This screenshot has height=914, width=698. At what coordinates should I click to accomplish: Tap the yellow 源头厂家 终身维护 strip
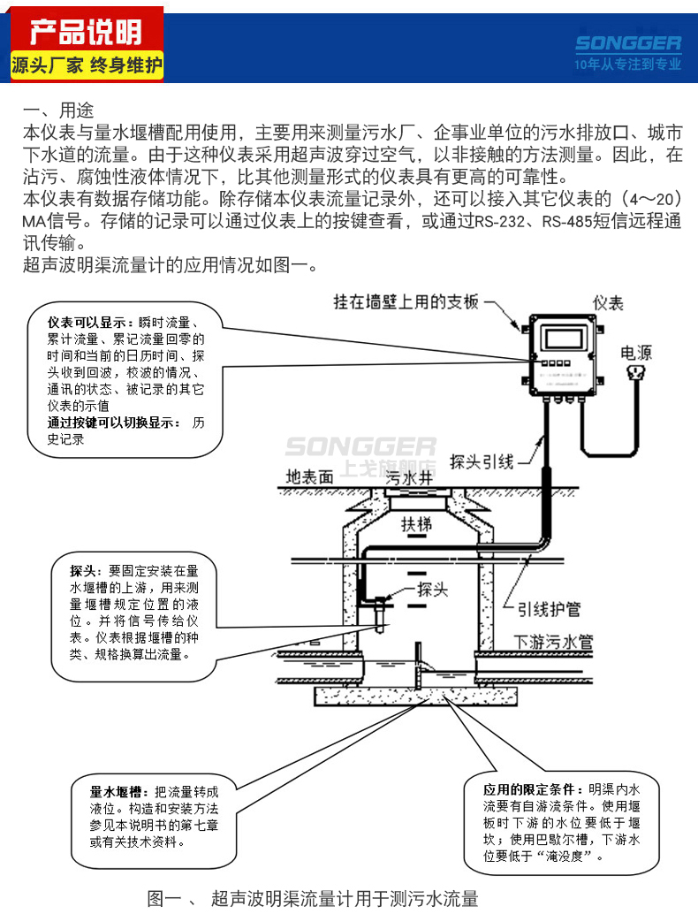(x=86, y=65)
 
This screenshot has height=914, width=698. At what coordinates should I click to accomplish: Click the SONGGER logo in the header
(x=627, y=43)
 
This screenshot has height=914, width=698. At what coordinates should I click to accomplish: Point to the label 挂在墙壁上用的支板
(x=406, y=301)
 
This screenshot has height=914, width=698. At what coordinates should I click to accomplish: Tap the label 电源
(x=636, y=353)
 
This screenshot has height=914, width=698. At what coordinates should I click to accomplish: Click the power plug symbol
(x=635, y=375)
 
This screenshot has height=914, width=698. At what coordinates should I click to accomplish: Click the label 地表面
(x=309, y=476)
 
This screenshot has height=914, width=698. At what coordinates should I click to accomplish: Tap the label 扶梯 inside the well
(x=417, y=523)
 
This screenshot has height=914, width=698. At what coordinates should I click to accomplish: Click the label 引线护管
(x=549, y=609)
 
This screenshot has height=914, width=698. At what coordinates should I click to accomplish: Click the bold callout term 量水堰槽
(x=116, y=791)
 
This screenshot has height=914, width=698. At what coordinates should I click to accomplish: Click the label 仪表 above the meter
(x=608, y=303)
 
